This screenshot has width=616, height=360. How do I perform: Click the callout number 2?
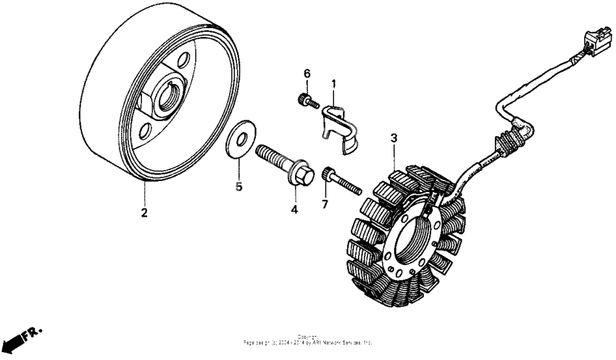pyautogui.click(x=144, y=212)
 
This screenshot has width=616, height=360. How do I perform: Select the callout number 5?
pyautogui.click(x=238, y=186)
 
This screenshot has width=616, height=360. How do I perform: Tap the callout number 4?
pyautogui.click(x=294, y=210)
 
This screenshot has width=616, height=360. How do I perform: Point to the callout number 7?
pyautogui.click(x=324, y=205)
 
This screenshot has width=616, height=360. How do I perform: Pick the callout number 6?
pyautogui.click(x=307, y=74)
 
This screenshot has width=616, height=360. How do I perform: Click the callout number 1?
pyautogui.click(x=333, y=84)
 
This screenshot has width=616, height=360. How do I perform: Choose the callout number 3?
pyautogui.click(x=394, y=138)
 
